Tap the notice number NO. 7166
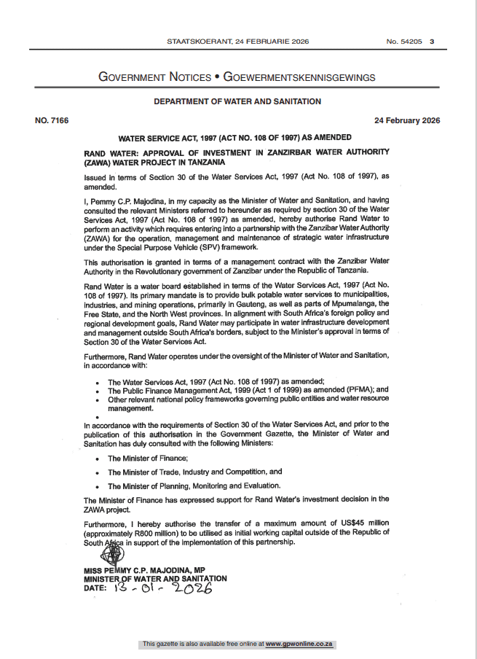point(52,120)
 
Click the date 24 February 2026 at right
point(406,120)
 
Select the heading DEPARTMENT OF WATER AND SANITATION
point(238,102)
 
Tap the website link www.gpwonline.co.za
point(299,644)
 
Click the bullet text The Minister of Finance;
point(148,458)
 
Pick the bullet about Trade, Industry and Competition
point(194,472)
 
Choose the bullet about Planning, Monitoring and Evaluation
point(194,486)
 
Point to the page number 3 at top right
point(432,42)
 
